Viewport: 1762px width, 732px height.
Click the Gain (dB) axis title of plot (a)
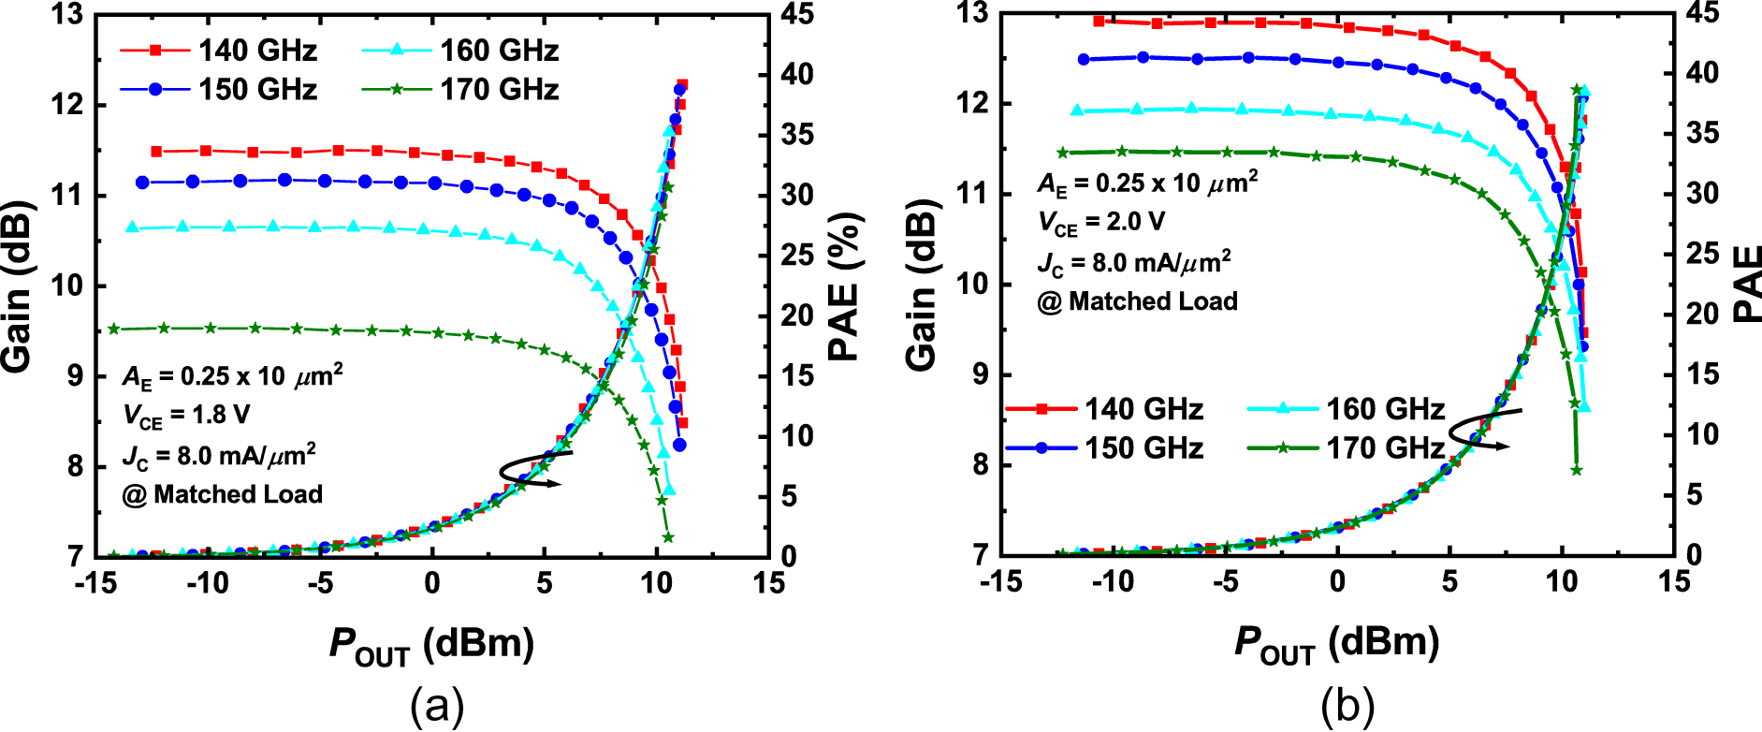[19, 285]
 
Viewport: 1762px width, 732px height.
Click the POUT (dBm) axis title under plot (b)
[1336, 644]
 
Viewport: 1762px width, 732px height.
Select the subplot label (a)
[437, 706]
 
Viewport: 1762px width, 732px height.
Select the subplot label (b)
[1347, 706]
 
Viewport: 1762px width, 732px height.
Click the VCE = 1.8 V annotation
[186, 416]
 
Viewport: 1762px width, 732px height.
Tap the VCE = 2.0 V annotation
[1101, 223]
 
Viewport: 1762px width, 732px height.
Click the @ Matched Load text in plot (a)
[223, 494]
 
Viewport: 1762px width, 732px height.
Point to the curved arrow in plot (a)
[534, 468]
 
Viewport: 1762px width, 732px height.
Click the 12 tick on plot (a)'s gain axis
[69, 104]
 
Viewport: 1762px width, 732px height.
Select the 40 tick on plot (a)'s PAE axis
[797, 74]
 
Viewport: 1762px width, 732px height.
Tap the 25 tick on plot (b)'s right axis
[1703, 254]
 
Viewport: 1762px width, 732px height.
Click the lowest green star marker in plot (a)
[667, 538]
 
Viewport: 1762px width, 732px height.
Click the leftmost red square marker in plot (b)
[1099, 21]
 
